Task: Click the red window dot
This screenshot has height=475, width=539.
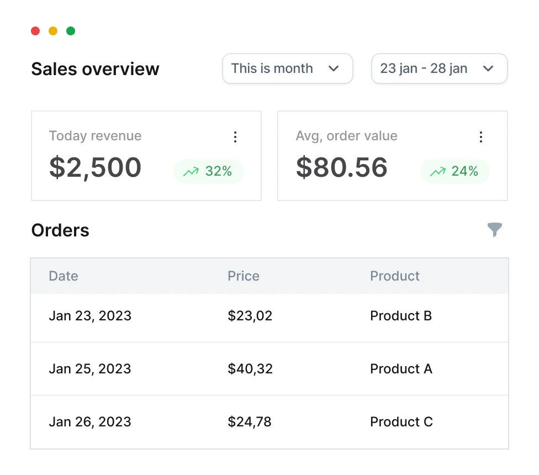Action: (35, 31)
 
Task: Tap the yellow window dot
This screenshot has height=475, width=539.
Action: (53, 31)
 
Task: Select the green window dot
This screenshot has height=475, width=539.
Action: (71, 31)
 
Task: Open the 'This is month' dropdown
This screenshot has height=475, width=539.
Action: (287, 68)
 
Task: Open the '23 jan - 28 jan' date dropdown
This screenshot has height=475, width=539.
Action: (439, 68)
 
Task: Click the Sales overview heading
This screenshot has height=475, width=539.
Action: (95, 69)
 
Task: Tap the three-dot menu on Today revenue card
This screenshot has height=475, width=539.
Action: (235, 137)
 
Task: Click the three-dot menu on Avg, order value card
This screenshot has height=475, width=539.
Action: (481, 137)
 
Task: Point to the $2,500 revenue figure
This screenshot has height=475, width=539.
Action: (95, 167)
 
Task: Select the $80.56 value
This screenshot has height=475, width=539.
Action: (342, 167)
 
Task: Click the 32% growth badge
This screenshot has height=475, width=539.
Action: (209, 171)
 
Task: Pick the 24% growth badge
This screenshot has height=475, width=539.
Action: (455, 171)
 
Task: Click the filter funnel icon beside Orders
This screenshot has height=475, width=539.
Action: (495, 229)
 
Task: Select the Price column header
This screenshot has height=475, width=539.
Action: (244, 276)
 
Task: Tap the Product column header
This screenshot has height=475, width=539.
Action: (395, 276)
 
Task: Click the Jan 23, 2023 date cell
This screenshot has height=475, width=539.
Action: (90, 316)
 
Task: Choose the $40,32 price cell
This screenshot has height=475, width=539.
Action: (250, 369)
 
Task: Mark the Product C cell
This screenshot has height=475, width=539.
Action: (401, 422)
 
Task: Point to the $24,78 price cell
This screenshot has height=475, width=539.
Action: (250, 422)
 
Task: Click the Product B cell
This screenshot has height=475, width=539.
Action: (401, 316)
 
